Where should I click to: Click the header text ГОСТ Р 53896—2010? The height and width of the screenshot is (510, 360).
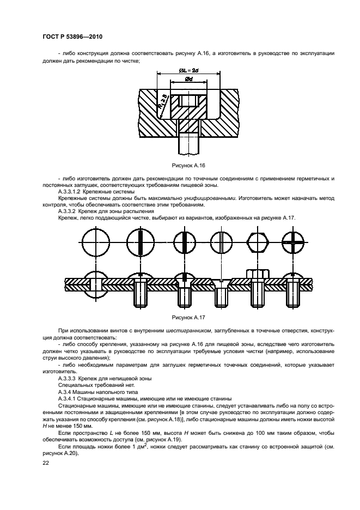tap(72, 37)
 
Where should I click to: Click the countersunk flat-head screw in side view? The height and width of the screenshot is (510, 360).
tap(221, 289)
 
